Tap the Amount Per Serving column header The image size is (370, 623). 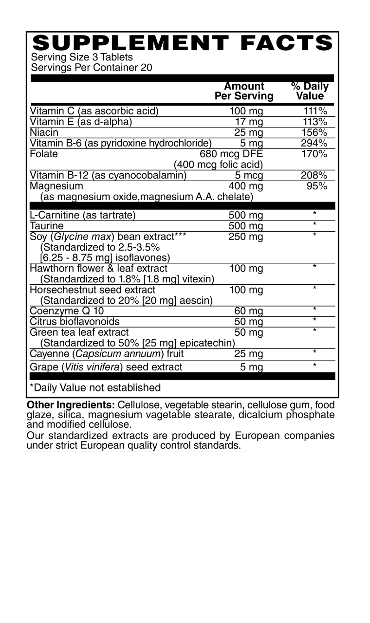click(x=244, y=91)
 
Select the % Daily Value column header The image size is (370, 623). click(x=310, y=91)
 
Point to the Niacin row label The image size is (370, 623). click(x=44, y=132)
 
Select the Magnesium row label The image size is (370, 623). click(x=56, y=186)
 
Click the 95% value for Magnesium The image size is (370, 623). click(x=317, y=186)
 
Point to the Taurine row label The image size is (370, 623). click(x=47, y=226)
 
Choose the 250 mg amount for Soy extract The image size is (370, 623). click(x=246, y=237)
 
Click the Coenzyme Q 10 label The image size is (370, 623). click(x=67, y=311)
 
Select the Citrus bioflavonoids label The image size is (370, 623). click(x=74, y=321)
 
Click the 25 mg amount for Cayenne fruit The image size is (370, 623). click(x=248, y=354)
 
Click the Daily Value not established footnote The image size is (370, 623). click(x=95, y=387)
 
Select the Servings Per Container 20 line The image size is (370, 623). click(x=92, y=68)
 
